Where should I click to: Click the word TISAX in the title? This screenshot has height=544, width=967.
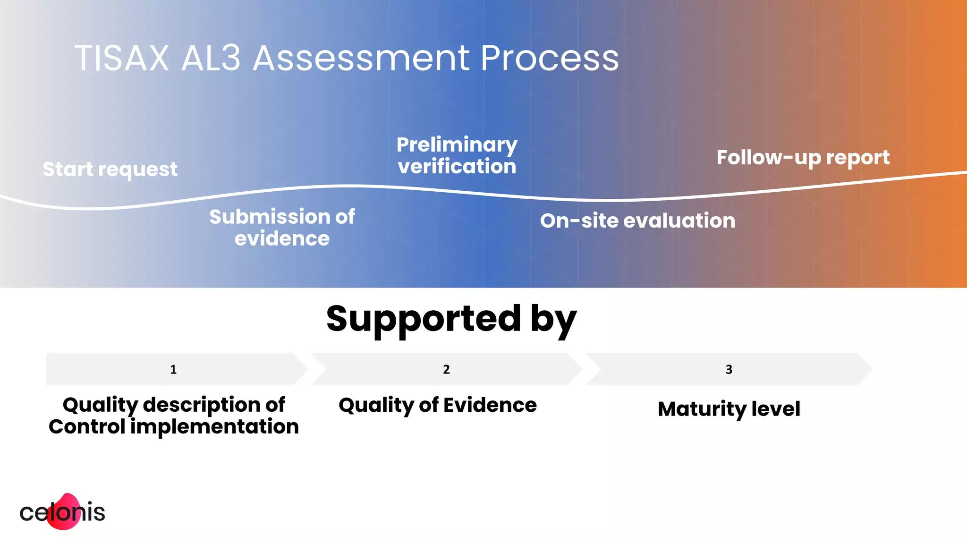122,59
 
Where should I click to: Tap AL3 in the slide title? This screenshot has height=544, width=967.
211,59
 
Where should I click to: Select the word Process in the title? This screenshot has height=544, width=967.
549,59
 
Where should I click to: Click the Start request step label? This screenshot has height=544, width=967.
110,169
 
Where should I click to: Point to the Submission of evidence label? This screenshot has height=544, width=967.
282,228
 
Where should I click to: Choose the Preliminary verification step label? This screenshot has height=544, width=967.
457,155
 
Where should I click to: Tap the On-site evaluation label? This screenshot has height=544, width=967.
637,221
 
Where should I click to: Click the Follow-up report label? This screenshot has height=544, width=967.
803,158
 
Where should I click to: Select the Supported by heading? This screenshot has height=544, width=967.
451,320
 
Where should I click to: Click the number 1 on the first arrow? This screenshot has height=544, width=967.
173,369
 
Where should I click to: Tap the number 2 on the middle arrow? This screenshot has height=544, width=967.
446,369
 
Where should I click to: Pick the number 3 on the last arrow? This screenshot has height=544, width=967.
729,369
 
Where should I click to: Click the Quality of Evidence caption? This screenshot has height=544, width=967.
438,405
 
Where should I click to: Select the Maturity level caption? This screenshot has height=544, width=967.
729,409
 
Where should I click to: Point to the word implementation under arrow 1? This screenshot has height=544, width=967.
214,427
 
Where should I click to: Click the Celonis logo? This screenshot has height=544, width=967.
62,512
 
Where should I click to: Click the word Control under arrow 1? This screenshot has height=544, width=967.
87,427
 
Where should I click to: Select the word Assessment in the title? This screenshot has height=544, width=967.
361,59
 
